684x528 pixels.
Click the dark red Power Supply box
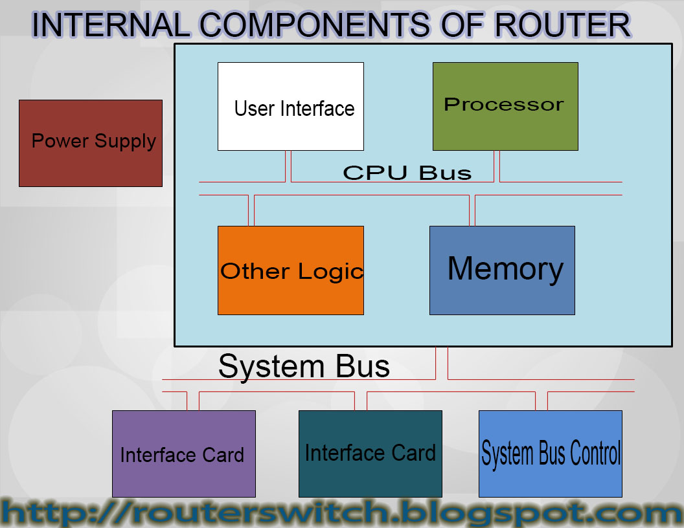click(x=91, y=143)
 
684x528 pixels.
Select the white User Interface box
click(x=290, y=107)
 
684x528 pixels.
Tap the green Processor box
click(x=505, y=107)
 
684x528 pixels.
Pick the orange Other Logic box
click(x=290, y=270)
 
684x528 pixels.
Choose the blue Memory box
click(x=502, y=270)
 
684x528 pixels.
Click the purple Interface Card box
click(x=183, y=454)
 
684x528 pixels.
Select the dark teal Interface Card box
click(x=370, y=454)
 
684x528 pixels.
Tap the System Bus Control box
click(x=550, y=454)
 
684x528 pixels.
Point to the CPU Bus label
click(x=407, y=173)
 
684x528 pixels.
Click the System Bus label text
click(x=304, y=366)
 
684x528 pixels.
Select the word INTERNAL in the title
click(x=110, y=26)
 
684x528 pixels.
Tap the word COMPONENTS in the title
click(x=313, y=26)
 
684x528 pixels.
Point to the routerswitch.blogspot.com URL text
click(x=342, y=513)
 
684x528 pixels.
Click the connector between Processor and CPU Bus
click(x=497, y=166)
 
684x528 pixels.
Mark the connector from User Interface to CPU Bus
click(x=288, y=166)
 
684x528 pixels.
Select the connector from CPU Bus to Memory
click(x=472, y=210)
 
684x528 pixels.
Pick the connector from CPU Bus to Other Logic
click(x=251, y=210)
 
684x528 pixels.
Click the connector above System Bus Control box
click(x=541, y=401)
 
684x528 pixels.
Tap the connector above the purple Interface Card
click(x=193, y=401)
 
